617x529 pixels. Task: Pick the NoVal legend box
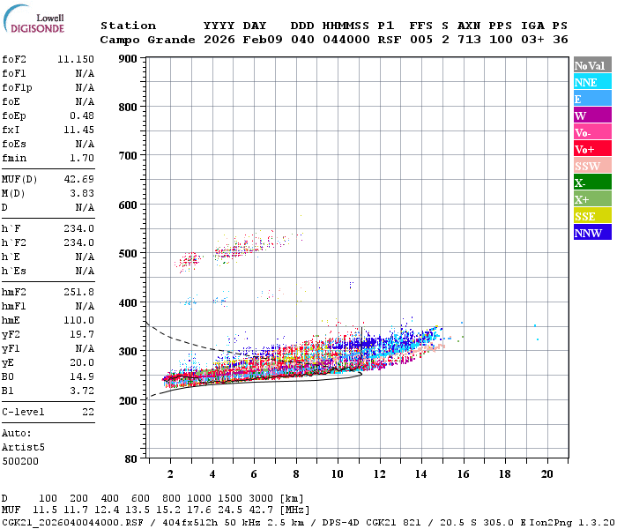coord(590,65)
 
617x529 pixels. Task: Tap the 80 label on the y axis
coord(130,458)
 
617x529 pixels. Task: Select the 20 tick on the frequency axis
coord(546,473)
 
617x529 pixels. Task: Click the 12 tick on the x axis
coord(379,473)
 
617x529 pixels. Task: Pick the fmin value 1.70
coord(83,158)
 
